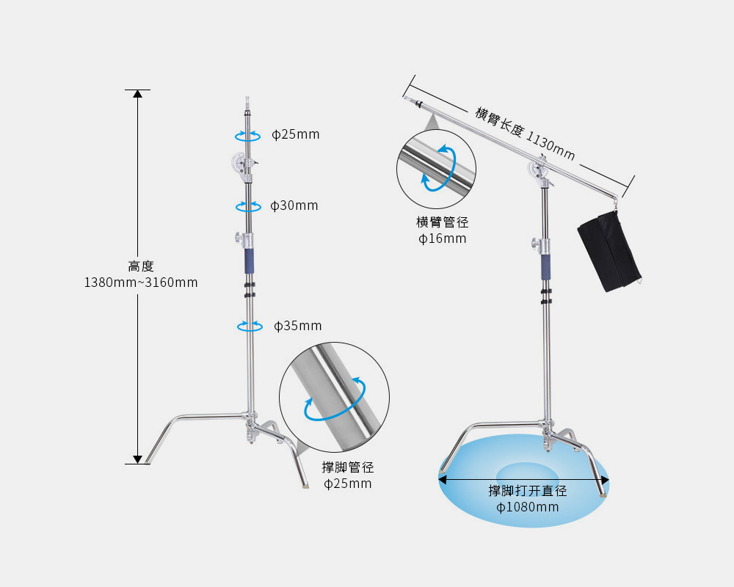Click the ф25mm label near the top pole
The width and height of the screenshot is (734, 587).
(x=295, y=134)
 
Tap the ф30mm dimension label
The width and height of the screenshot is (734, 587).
(x=294, y=205)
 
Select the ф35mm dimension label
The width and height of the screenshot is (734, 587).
(x=298, y=326)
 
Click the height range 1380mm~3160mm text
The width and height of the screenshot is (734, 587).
(x=141, y=282)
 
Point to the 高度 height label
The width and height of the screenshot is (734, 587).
(x=141, y=266)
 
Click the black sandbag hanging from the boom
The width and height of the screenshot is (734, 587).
(x=609, y=251)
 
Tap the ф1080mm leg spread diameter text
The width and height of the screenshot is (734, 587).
(x=528, y=507)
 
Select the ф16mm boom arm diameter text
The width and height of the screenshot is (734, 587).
(x=443, y=238)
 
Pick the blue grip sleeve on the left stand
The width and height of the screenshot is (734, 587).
(x=249, y=260)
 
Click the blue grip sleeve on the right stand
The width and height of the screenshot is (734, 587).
(x=546, y=267)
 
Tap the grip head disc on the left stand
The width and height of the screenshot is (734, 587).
(x=240, y=163)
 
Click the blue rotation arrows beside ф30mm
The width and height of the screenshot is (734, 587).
(x=248, y=206)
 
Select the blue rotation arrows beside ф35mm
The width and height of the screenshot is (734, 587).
(x=250, y=326)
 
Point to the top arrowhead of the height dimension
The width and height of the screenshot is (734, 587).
(x=137, y=94)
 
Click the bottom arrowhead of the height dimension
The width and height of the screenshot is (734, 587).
(x=137, y=459)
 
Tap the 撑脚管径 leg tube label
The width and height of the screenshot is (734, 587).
(x=348, y=467)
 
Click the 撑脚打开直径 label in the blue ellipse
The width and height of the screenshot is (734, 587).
(x=528, y=491)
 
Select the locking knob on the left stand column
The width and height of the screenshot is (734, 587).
(x=240, y=238)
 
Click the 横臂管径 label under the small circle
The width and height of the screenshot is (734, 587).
(x=443, y=222)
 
